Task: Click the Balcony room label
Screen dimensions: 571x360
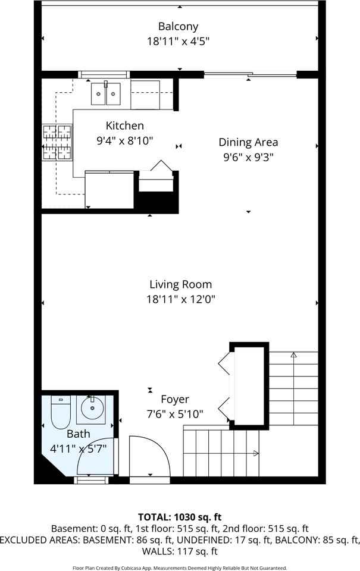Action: (178, 26)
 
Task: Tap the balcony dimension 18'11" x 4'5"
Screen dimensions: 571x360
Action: (178, 41)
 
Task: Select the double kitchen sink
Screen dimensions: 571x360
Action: (106, 94)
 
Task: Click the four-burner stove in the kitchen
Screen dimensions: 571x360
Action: (57, 143)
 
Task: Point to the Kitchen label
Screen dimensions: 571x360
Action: (124, 126)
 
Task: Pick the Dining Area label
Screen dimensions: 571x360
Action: (248, 142)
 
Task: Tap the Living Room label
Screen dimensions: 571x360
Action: (180, 284)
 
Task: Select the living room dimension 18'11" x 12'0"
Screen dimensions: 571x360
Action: (180, 299)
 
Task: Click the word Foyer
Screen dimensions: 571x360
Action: (175, 399)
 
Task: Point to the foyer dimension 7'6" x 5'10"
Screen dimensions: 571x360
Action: (175, 414)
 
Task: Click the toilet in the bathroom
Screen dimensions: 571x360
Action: (61, 412)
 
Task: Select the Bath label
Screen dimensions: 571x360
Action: (78, 434)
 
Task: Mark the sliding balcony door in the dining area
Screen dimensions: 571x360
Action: (250, 75)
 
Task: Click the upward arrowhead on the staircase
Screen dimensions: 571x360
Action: (293, 355)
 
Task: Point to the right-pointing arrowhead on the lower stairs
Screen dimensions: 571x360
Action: (255, 453)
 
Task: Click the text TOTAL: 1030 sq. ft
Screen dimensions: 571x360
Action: (180, 516)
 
